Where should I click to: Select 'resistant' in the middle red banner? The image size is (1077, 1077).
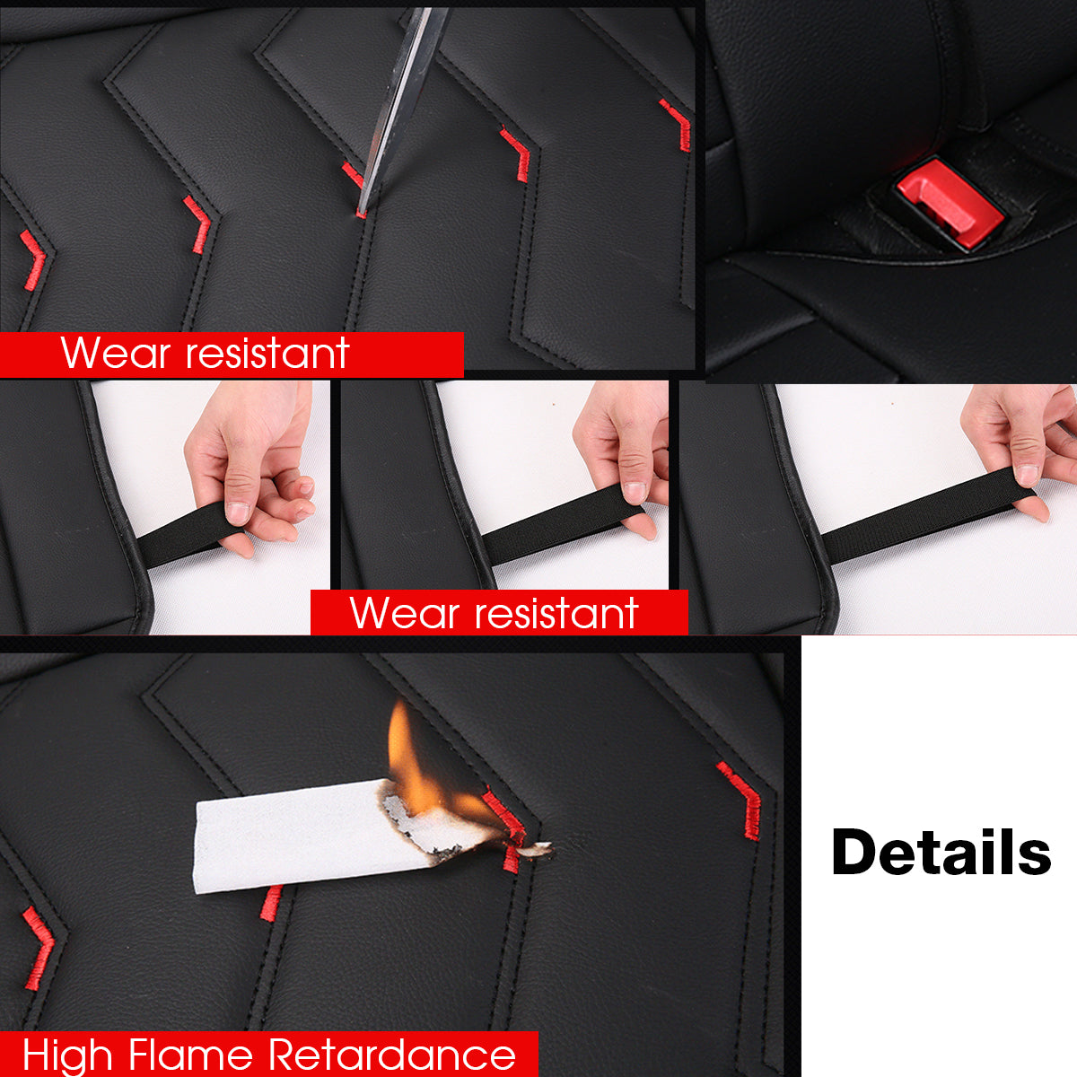tap(556, 614)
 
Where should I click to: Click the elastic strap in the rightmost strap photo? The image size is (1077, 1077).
tap(928, 514)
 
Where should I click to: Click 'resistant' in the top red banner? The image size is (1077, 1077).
tap(267, 354)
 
